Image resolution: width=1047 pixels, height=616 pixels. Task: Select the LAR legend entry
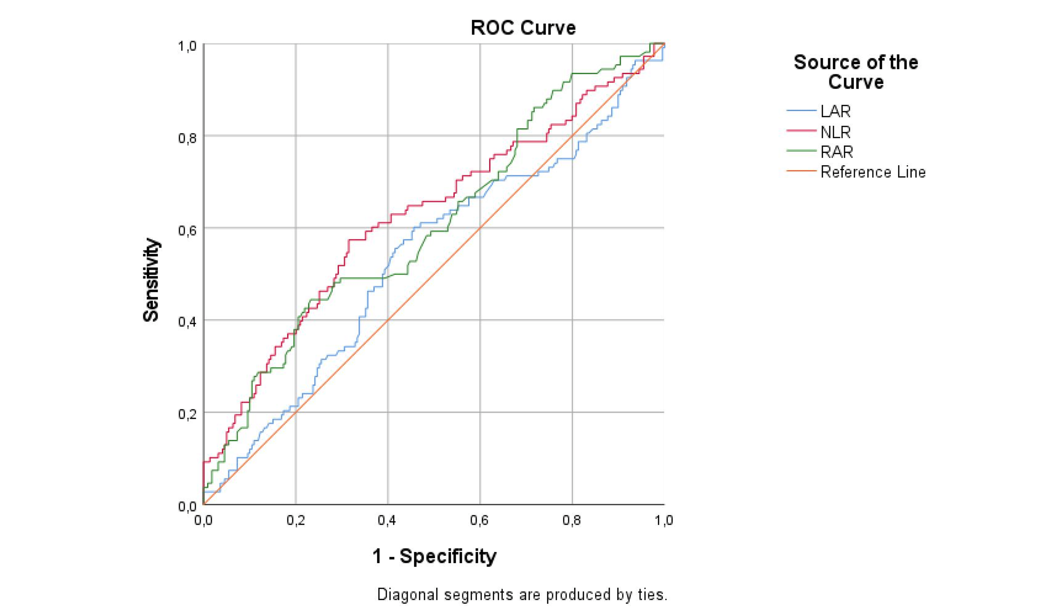[835, 111]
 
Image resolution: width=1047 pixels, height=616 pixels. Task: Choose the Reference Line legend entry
[872, 172]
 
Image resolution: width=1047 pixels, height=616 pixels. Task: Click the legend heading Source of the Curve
[855, 72]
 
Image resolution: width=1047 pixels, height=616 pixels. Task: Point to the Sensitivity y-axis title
[151, 280]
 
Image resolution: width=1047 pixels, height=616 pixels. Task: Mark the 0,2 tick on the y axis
[187, 415]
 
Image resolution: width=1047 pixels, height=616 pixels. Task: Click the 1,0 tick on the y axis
[187, 46]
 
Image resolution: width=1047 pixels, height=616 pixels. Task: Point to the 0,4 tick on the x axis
[387, 520]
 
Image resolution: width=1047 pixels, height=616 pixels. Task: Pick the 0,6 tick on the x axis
[479, 520]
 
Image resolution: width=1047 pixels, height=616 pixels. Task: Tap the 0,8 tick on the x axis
[571, 520]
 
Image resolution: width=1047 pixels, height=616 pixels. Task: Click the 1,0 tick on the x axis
[663, 520]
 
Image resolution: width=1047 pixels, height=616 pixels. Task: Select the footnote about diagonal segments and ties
[522, 595]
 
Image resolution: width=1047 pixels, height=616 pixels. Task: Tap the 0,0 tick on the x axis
[203, 520]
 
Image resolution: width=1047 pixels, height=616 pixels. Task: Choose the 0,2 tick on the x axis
[295, 520]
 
